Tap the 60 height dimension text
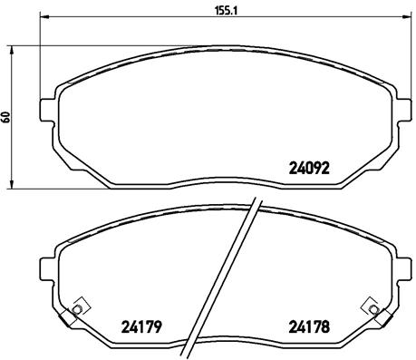coord(7,118)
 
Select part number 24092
coord(309,166)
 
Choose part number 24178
coord(309,328)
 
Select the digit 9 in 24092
coord(319,166)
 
